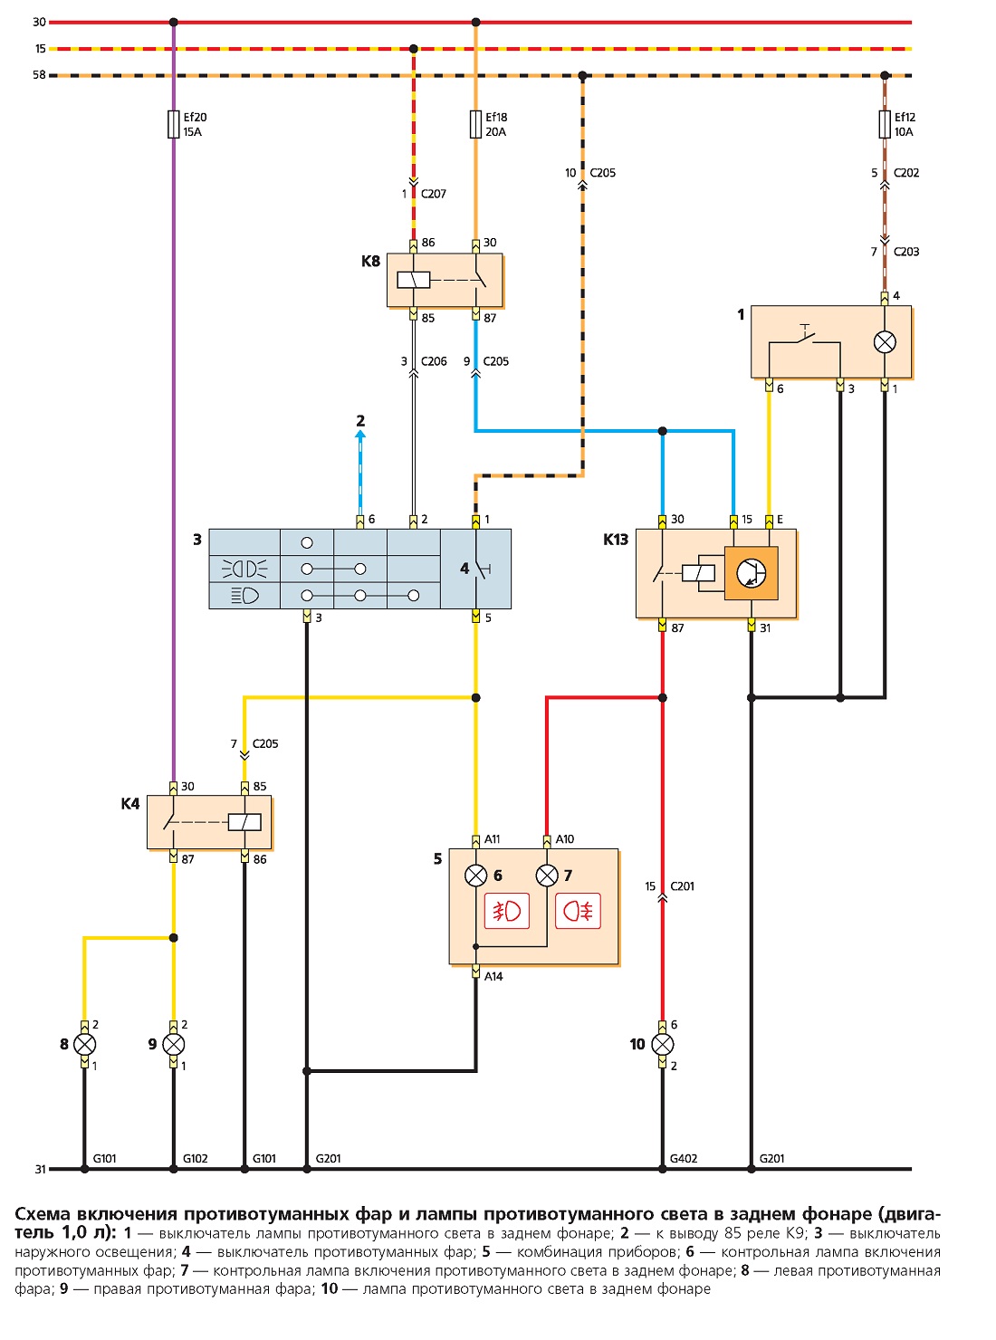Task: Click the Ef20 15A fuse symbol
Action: point(174,124)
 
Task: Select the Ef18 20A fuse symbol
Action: point(475,124)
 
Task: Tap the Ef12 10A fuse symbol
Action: point(885,124)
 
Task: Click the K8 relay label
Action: point(370,261)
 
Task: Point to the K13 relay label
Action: point(615,539)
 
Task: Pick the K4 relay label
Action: point(130,803)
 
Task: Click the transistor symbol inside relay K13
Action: point(751,573)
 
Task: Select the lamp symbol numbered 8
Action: point(84,1045)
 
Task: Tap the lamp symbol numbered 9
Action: point(174,1045)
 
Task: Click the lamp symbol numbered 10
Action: point(663,1045)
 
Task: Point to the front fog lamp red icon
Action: point(506,911)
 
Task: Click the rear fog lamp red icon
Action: point(578,911)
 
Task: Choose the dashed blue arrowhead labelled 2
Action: point(360,433)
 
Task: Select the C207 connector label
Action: point(434,194)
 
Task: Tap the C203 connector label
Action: point(906,252)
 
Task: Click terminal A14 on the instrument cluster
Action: point(475,972)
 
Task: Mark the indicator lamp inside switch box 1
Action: point(885,342)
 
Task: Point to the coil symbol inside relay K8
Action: point(414,281)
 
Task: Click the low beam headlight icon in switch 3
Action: point(245,596)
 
